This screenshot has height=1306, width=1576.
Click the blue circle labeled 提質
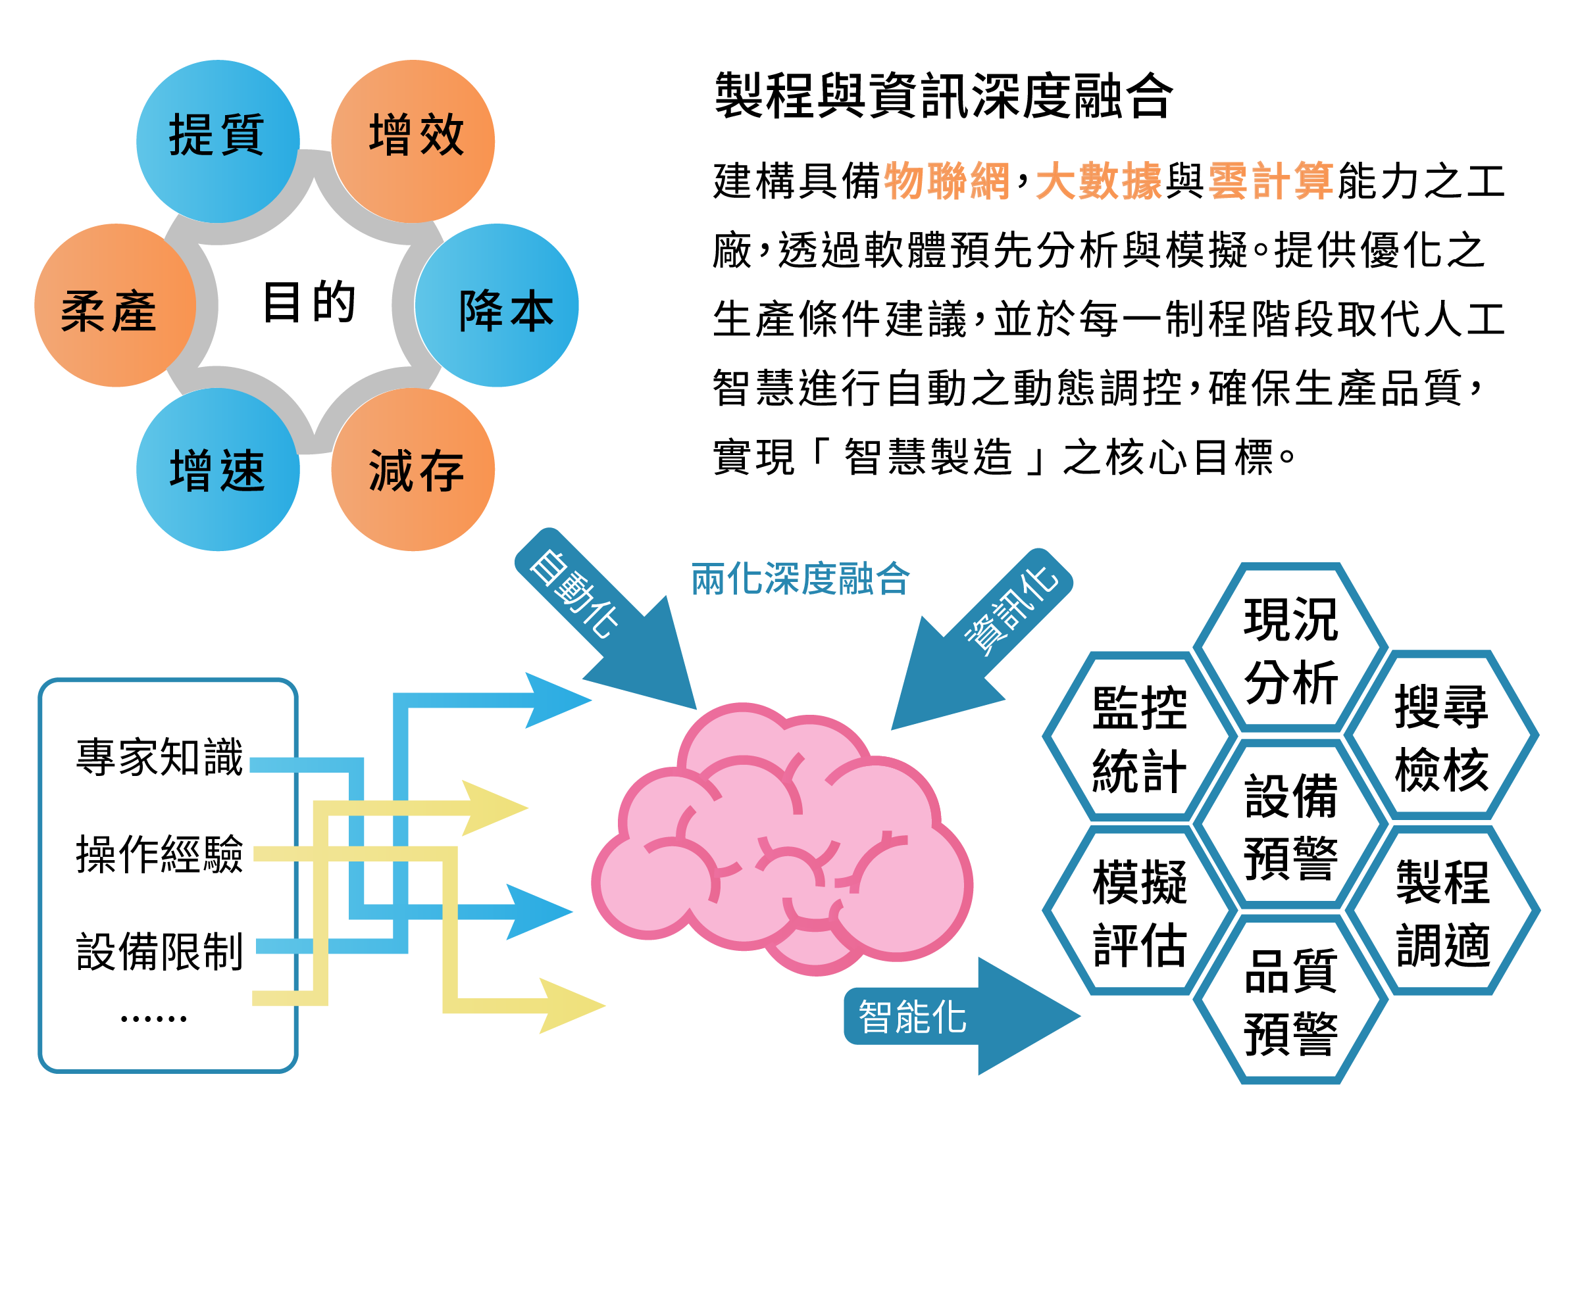tap(218, 141)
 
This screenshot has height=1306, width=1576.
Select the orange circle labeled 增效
tap(413, 141)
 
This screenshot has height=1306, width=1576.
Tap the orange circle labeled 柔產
tap(116, 305)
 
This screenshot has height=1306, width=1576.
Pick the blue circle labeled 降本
tap(497, 305)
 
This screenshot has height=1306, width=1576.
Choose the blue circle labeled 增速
tap(218, 470)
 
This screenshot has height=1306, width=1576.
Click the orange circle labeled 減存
tap(413, 470)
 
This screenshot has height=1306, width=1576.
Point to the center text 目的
tap(309, 302)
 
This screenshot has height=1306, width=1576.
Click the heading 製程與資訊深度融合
tap(944, 96)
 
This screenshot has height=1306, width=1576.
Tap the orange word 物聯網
tap(947, 181)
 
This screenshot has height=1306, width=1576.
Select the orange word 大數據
tap(1099, 181)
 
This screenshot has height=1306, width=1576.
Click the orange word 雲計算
tap(1271, 181)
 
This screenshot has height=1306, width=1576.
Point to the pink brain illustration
tap(782, 838)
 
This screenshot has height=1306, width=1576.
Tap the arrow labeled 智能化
tap(962, 1017)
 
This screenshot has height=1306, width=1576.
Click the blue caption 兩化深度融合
tap(801, 579)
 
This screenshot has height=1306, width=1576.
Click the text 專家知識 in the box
tap(160, 757)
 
